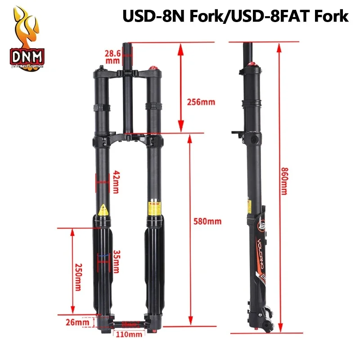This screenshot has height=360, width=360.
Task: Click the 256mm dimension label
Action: point(201,102)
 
